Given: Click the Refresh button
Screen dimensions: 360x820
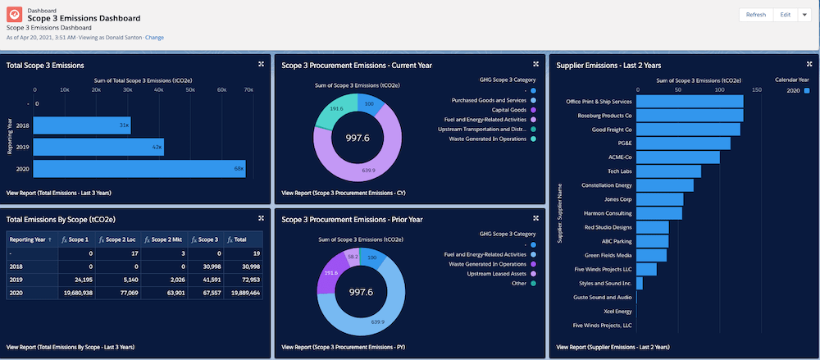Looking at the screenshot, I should (x=756, y=15).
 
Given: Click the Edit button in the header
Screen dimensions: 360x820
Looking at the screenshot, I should (x=785, y=15).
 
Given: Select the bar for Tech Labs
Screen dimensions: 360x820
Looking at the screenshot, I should (x=668, y=171).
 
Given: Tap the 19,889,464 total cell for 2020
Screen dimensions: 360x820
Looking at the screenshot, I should (x=244, y=292).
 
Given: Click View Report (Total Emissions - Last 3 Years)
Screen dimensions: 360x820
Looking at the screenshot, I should (x=58, y=193).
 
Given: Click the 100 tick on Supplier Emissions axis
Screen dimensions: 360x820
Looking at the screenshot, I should (x=719, y=91).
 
